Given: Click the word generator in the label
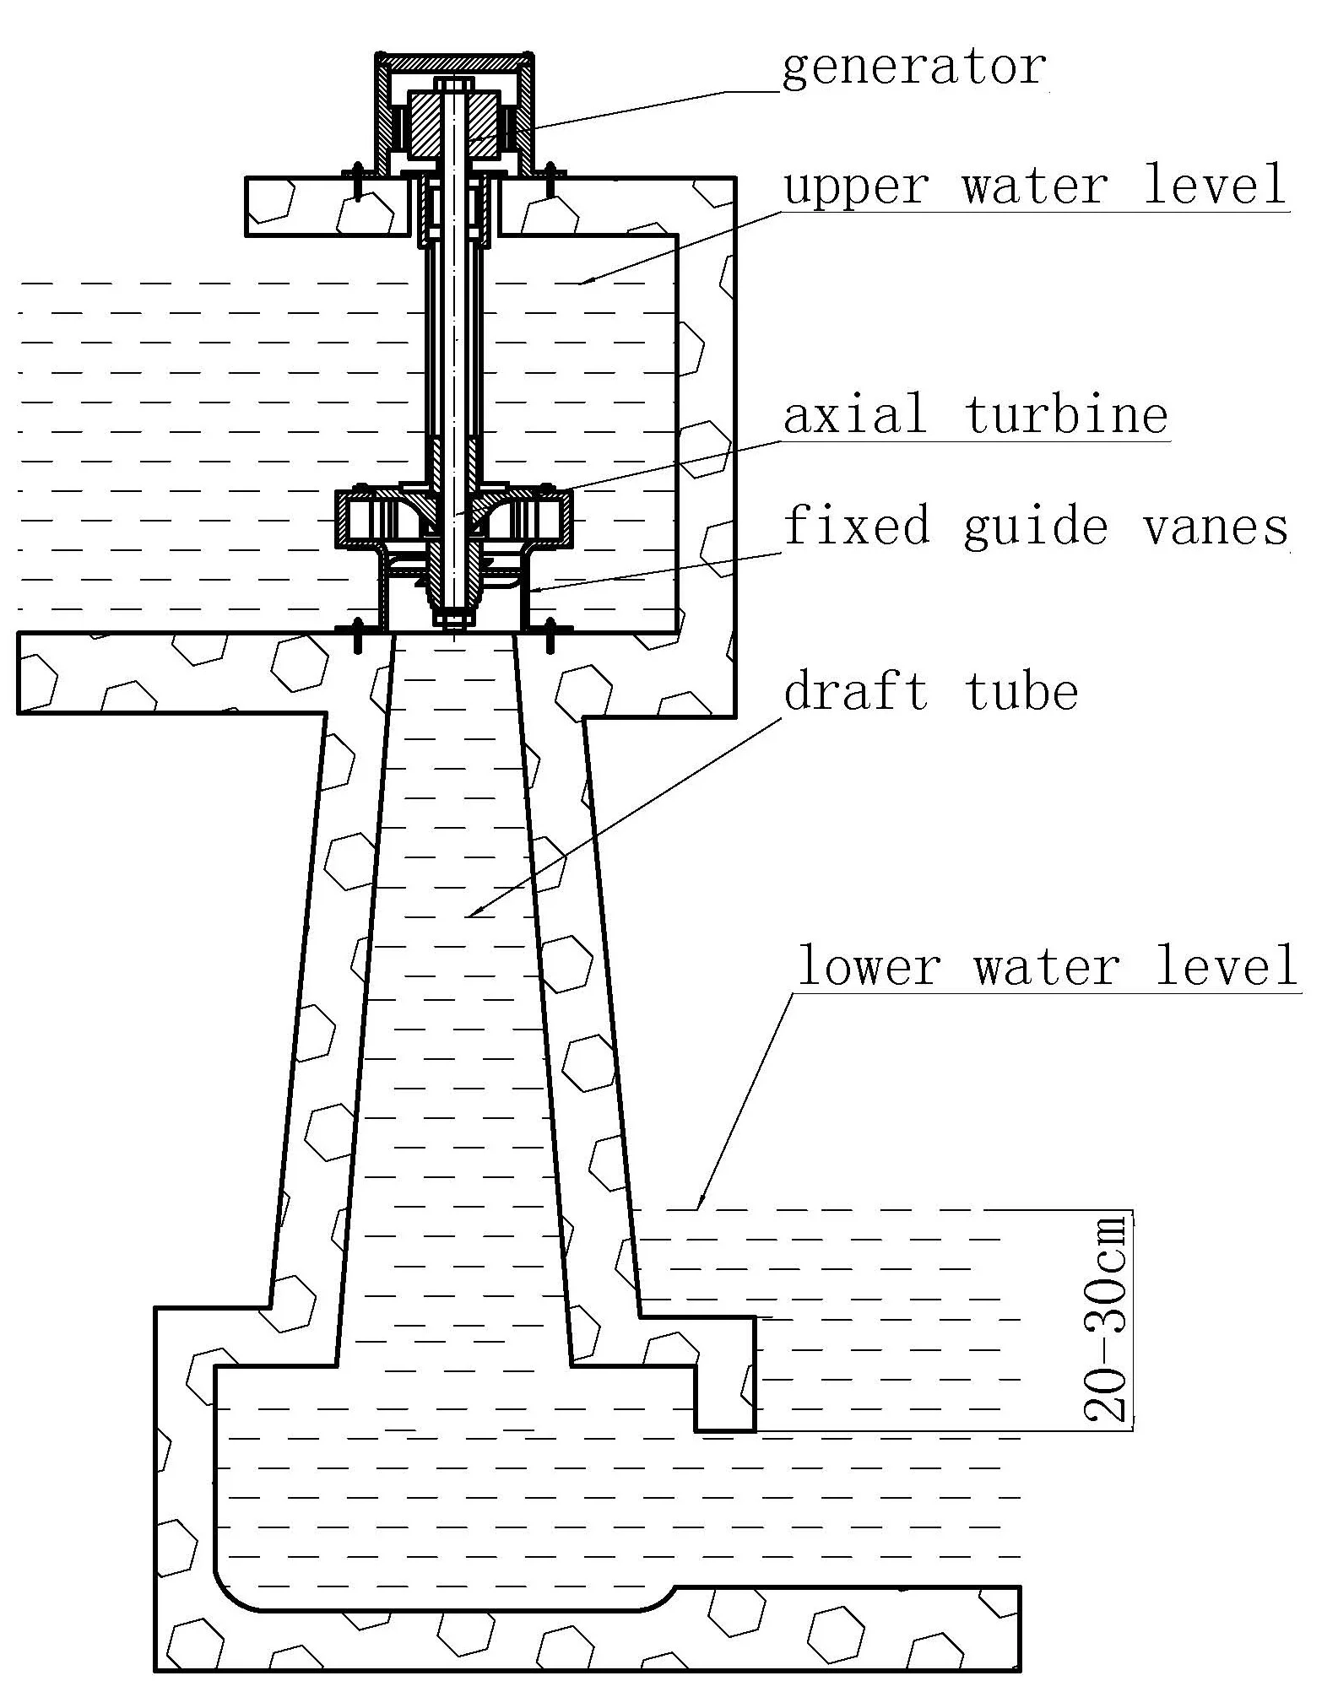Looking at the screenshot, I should pyautogui.click(x=914, y=68).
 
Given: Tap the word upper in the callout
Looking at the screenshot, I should pyautogui.click(x=854, y=186).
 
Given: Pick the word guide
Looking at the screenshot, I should pyautogui.click(x=1035, y=527).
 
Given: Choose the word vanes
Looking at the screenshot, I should pyautogui.click(x=1216, y=527).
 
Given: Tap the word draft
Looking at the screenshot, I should pyautogui.click(x=856, y=692).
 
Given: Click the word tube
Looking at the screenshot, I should pyautogui.click(x=1021, y=692).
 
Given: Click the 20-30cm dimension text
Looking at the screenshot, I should pyautogui.click(x=1105, y=1318).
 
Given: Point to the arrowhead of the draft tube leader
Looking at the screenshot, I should pyautogui.click(x=472, y=915).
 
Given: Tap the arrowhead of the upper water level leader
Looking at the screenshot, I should pyautogui.click(x=582, y=283).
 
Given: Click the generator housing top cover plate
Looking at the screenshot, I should pyautogui.click(x=455, y=62).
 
